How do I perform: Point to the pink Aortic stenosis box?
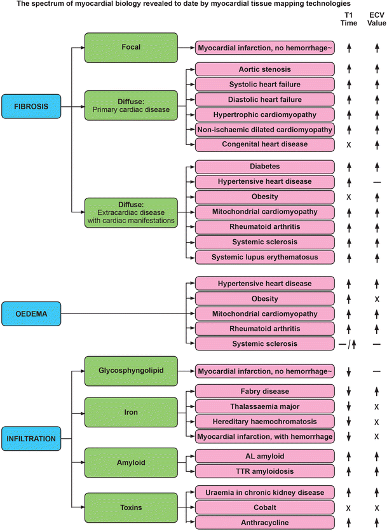(x=264, y=69)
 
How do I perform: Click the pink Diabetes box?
(x=264, y=167)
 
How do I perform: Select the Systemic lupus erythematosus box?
(x=264, y=256)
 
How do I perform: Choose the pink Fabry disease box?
(x=264, y=391)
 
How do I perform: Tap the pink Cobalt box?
(x=264, y=507)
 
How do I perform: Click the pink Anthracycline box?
(x=264, y=523)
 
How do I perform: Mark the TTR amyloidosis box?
(x=264, y=471)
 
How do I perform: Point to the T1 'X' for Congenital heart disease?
(x=349, y=144)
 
